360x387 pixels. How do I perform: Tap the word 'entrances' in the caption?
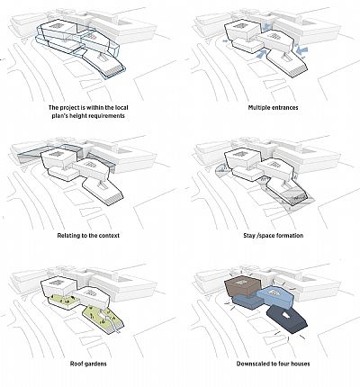point(285,107)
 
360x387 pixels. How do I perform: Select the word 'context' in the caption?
point(109,236)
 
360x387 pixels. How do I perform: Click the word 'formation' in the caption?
point(290,236)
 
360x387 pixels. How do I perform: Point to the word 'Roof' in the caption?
point(76,364)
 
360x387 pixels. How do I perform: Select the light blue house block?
point(273,296)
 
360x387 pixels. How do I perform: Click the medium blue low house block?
point(244,301)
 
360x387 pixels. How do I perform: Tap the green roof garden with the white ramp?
point(103,319)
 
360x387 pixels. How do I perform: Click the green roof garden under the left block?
point(64,301)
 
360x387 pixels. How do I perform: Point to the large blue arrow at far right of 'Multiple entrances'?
point(301,50)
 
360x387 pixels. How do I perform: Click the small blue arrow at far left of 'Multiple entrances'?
point(225,41)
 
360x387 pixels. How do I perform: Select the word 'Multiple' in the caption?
point(259,107)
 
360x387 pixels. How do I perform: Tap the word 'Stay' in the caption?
point(249,236)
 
